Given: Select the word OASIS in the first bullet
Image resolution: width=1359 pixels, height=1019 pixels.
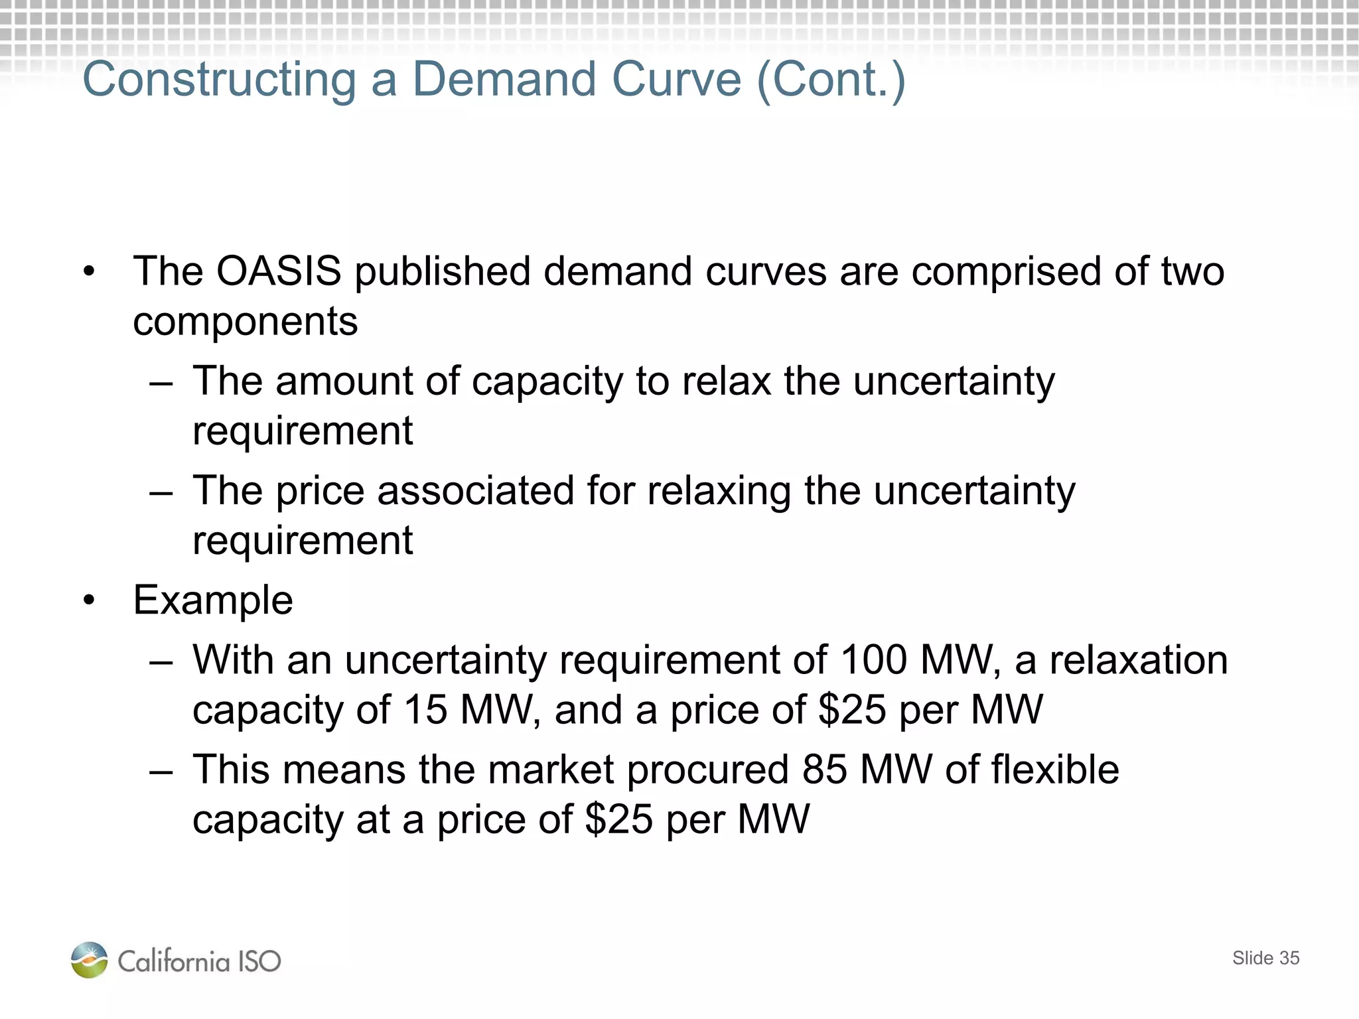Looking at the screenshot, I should click(x=279, y=271).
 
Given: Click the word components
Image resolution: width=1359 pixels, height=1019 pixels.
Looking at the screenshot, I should click(x=246, y=322).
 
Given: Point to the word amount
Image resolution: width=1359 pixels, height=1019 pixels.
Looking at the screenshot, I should click(x=345, y=381).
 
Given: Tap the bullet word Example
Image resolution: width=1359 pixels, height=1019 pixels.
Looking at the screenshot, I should click(x=213, y=601).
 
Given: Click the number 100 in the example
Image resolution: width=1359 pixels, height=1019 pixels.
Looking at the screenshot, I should click(x=873, y=661).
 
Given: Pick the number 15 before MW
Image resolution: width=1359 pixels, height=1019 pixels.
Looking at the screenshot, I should click(x=425, y=710).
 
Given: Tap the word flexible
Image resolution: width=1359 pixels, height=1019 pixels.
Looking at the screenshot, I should click(x=1055, y=770).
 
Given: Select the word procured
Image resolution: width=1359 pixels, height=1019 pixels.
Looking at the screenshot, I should click(x=707, y=771).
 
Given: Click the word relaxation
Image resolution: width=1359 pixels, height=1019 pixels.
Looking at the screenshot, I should click(x=1139, y=661).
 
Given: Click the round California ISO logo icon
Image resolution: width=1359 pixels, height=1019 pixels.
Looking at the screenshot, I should click(x=89, y=960).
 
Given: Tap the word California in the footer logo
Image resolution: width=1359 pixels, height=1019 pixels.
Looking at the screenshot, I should click(x=174, y=961).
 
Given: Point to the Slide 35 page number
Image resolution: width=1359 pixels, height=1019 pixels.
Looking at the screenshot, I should click(x=1265, y=958).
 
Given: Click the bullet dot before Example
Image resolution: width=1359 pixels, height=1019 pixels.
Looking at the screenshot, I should click(x=90, y=601).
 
